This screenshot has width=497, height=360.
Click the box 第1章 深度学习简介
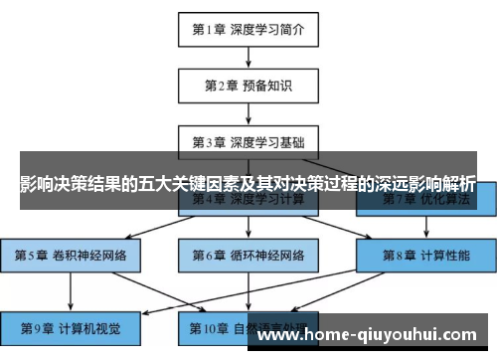[248, 29]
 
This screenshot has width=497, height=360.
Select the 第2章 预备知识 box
[248, 85]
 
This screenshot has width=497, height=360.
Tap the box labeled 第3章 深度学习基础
[248, 141]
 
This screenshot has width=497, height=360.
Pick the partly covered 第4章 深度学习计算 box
[248, 206]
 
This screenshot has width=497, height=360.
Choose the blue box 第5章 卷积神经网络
[70, 255]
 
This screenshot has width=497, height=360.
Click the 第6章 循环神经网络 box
[248, 255]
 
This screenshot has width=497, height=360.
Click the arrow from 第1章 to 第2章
[248, 57]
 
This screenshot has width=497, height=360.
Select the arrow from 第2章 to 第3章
[248, 112]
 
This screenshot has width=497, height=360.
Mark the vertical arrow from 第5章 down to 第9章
[70, 291]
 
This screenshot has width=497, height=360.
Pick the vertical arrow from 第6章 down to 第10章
[248, 291]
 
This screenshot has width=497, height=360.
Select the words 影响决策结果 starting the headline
[68, 185]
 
